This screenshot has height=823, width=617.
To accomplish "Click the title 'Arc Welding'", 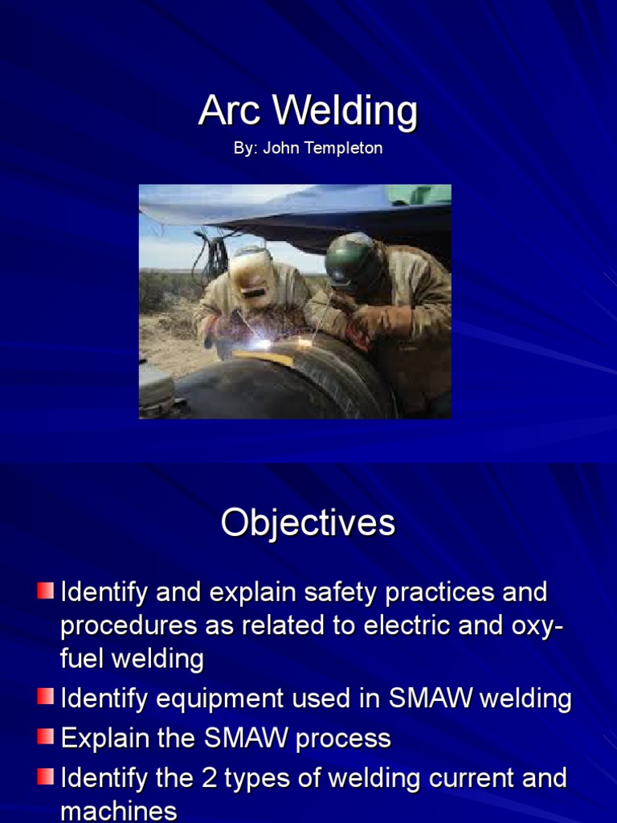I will pyautogui.click(x=308, y=111).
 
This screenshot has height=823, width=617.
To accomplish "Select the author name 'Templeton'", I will pyautogui.click(x=349, y=149).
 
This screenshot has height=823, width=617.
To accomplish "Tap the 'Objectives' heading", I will pyautogui.click(x=308, y=522).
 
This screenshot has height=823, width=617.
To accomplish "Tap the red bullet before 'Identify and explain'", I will pyautogui.click(x=45, y=592).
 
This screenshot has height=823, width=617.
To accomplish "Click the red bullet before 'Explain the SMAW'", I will pyautogui.click(x=45, y=737).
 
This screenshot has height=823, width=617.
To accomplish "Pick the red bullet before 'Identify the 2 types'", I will pyautogui.click(x=45, y=777).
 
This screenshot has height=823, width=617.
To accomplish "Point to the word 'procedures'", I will pyautogui.click(x=129, y=626).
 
